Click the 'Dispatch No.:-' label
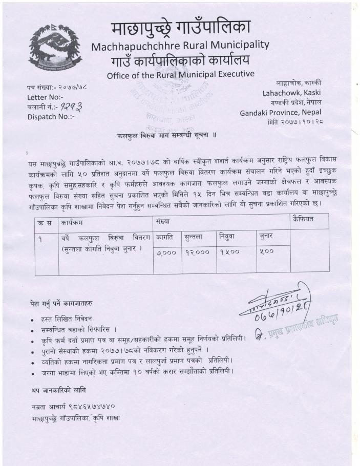[50, 116]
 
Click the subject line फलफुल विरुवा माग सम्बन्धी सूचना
[164, 137]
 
